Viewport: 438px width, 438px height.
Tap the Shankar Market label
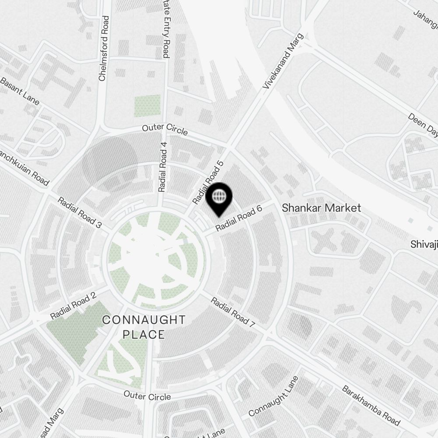tap(321, 208)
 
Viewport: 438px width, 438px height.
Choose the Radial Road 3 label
tap(80, 212)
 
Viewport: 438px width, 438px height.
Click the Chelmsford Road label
tap(103, 49)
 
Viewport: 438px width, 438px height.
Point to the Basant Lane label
tap(19, 92)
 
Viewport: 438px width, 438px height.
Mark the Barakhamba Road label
tap(371, 405)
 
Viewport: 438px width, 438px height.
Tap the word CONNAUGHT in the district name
tap(144, 320)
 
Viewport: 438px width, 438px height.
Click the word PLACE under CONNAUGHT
tap(144, 335)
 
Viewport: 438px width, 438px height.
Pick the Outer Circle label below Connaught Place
tap(147, 396)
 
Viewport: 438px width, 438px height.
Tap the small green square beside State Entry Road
tap(148, 106)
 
